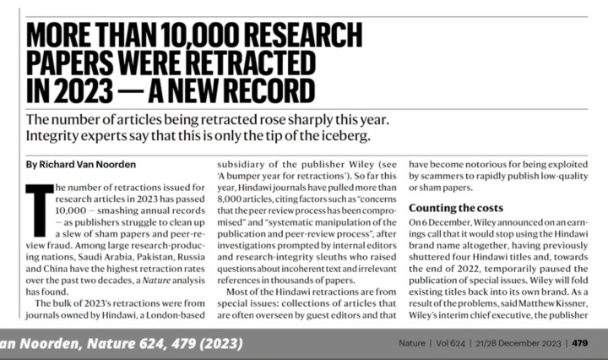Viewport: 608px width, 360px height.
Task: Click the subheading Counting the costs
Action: (x=456, y=208)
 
